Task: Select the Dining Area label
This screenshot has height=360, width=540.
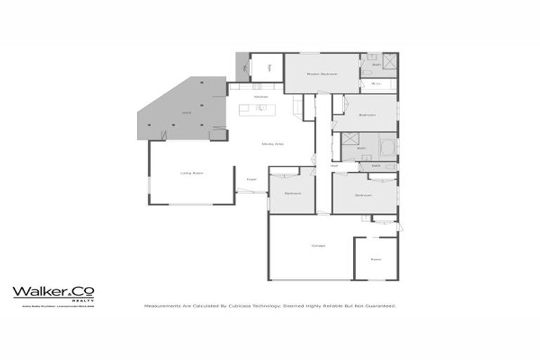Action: [x=272, y=143]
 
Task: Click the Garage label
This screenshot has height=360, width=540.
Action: [x=318, y=245]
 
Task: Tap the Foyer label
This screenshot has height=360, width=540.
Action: [x=251, y=179]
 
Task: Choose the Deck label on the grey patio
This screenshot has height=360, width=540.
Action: [x=187, y=112]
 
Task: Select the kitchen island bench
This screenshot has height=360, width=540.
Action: [x=257, y=108]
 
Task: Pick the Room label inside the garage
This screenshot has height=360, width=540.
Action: [x=375, y=259]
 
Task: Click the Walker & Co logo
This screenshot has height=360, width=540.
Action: [x=53, y=292]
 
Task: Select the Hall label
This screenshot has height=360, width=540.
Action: [x=324, y=166]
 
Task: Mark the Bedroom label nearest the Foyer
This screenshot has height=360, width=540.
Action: [x=292, y=193]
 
